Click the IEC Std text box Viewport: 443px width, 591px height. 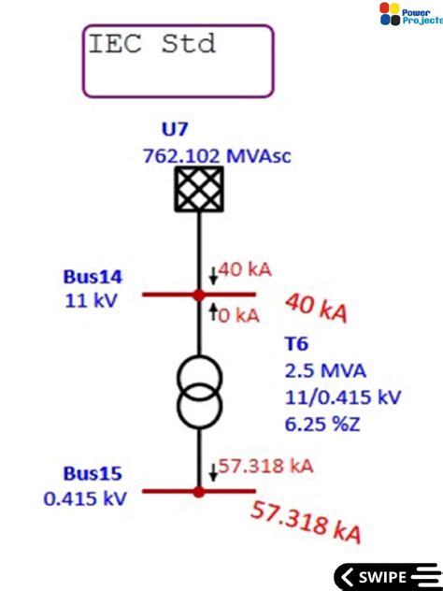178,61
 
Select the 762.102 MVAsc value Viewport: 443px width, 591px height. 217,155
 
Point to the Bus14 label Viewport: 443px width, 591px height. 93,277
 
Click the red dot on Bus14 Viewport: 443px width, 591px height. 198,295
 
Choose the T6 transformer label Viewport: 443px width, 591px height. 296,344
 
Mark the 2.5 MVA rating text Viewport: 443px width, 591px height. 322,371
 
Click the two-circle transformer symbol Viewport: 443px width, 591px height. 198,392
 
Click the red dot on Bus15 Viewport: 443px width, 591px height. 198,491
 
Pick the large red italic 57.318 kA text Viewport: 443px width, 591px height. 306,522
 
